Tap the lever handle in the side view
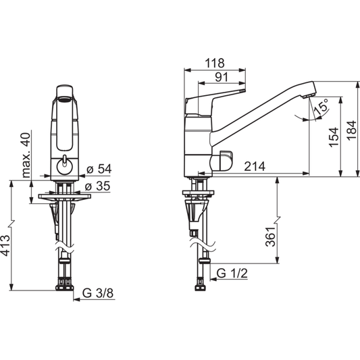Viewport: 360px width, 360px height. [x=216, y=97]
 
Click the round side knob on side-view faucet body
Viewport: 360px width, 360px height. [x=224, y=161]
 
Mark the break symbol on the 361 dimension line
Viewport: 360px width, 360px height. [x=278, y=223]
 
